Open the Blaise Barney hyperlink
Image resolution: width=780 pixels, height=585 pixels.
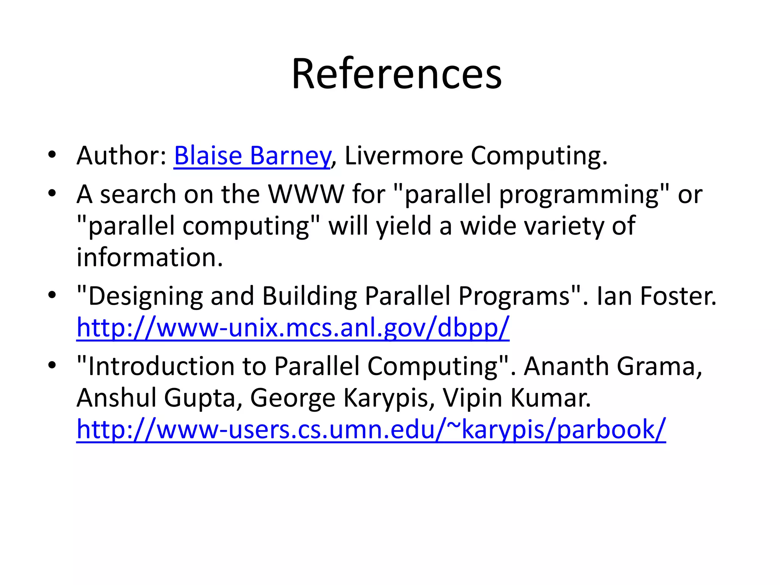click(x=252, y=156)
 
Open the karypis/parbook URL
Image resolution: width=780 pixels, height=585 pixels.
click(x=371, y=429)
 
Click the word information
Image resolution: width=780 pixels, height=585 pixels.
click(x=149, y=257)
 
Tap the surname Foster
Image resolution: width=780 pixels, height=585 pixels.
click(x=678, y=296)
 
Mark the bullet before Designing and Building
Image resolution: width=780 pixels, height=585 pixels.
click(x=52, y=295)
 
